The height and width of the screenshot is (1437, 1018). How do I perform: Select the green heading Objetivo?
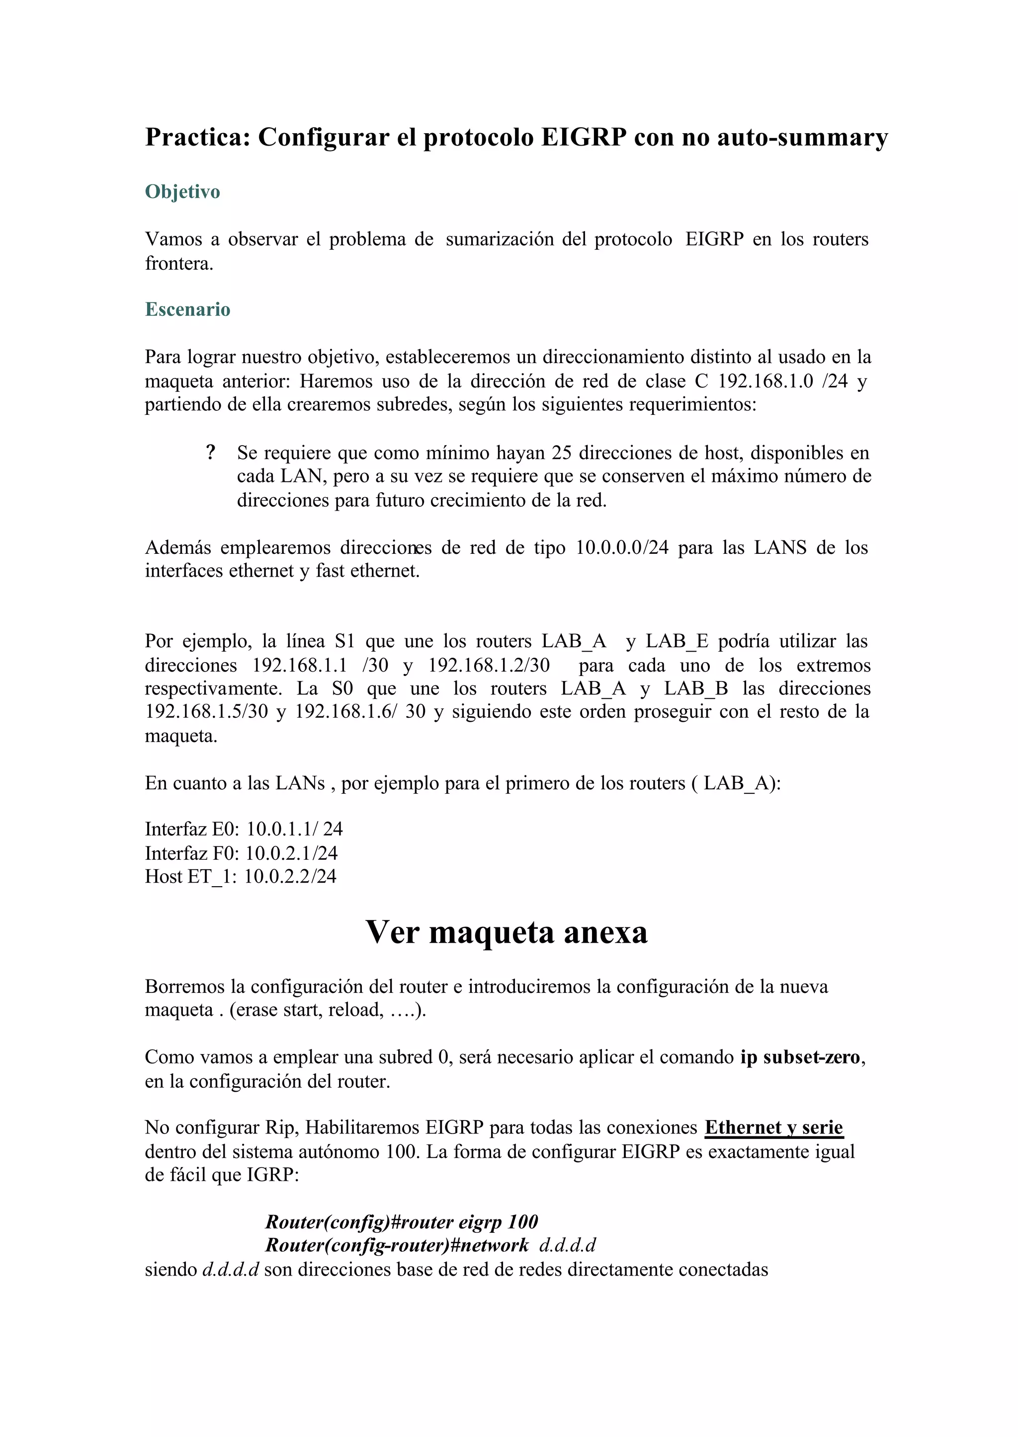182,192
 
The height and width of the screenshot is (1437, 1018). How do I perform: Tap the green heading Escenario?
187,309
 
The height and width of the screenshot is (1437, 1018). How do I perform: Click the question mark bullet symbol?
211,453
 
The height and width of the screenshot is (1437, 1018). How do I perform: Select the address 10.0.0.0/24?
622,547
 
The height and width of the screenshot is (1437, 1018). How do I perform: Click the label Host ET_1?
190,876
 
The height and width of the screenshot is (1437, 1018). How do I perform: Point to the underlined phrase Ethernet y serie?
773,1128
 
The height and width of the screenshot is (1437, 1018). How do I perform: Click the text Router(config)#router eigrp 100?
401,1221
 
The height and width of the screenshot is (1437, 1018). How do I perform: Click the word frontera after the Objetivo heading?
178,263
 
